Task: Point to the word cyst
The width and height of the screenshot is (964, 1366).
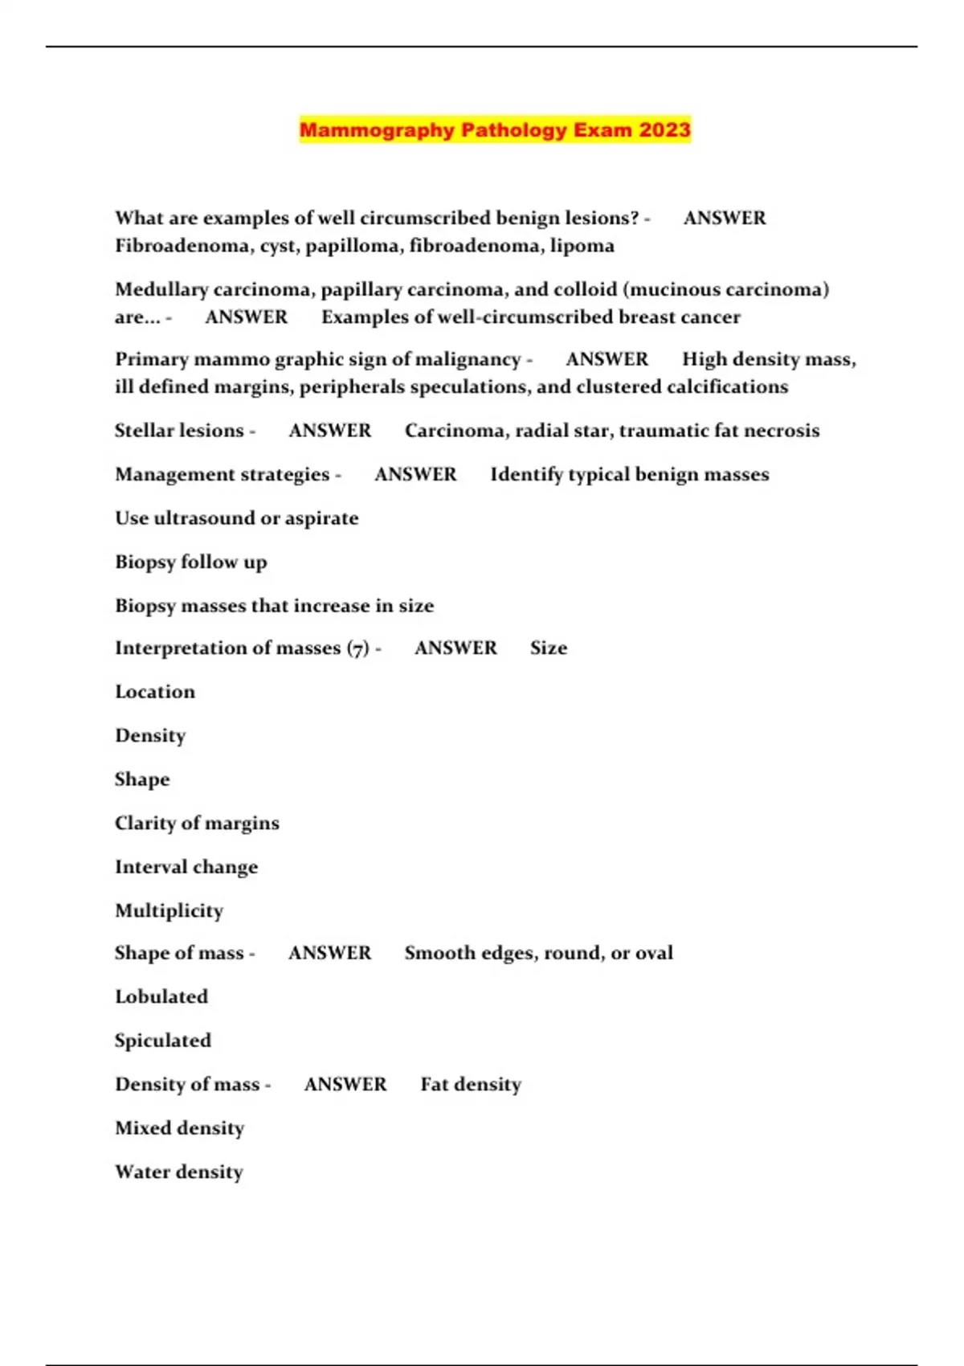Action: [x=278, y=246]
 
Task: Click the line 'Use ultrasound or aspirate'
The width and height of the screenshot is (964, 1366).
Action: [x=237, y=518]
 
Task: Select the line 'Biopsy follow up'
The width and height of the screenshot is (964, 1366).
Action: [x=191, y=562]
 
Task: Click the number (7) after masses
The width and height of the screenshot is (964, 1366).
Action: [x=358, y=648]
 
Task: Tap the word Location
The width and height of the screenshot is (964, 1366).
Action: [x=155, y=692]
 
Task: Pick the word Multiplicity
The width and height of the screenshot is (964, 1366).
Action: [x=170, y=910]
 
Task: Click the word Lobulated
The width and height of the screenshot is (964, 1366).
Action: [x=161, y=996]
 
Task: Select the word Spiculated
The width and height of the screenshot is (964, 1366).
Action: [x=163, y=1041]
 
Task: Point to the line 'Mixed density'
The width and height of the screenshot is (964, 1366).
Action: [x=180, y=1128]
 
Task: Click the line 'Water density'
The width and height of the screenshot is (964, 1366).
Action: [x=179, y=1172]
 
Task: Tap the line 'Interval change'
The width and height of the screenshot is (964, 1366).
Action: [x=186, y=867]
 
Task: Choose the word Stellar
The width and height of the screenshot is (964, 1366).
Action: [x=143, y=431]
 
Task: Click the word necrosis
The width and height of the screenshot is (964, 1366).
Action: [x=782, y=431]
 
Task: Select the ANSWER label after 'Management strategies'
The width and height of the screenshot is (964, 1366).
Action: [x=415, y=475]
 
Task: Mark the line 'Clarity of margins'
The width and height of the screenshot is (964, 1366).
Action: [x=198, y=823]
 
